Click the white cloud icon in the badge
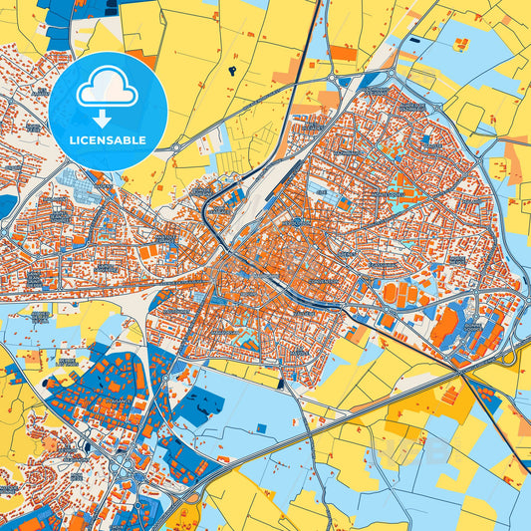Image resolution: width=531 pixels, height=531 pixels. point(107,86)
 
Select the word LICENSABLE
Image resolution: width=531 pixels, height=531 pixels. point(107,140)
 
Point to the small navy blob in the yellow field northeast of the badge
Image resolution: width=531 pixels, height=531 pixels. point(232,70)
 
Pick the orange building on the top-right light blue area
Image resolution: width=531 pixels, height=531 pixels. point(461,43)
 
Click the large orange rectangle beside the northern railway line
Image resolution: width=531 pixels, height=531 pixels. point(342,53)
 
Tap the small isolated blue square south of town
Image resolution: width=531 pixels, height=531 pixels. point(262,428)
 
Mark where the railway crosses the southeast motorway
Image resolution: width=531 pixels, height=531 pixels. point(460,371)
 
